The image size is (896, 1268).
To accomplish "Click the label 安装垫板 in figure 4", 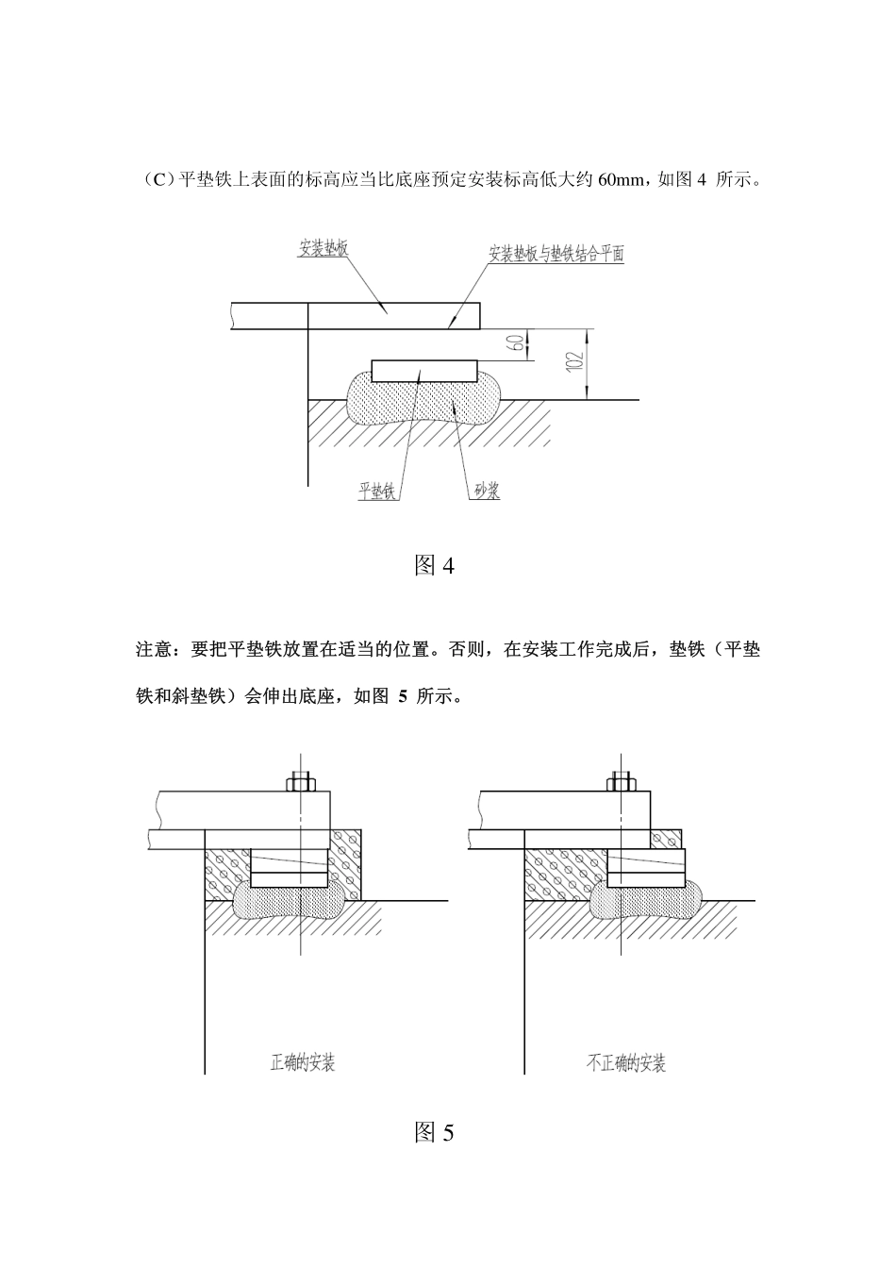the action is [x=324, y=248].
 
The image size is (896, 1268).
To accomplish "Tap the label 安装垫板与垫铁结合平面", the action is [x=556, y=254].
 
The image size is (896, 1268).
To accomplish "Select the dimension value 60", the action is [x=516, y=343].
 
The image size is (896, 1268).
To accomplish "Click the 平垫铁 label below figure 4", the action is [x=377, y=491].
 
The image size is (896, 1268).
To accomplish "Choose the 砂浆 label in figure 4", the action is [x=487, y=491].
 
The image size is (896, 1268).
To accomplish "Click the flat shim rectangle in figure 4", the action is [x=424, y=371].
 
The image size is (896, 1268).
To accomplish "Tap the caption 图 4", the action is [x=434, y=565].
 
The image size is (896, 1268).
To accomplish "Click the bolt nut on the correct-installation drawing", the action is [x=301, y=784].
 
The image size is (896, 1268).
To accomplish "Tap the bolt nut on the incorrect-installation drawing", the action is [x=621, y=784].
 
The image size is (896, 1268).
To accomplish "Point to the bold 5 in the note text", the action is [x=403, y=696].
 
